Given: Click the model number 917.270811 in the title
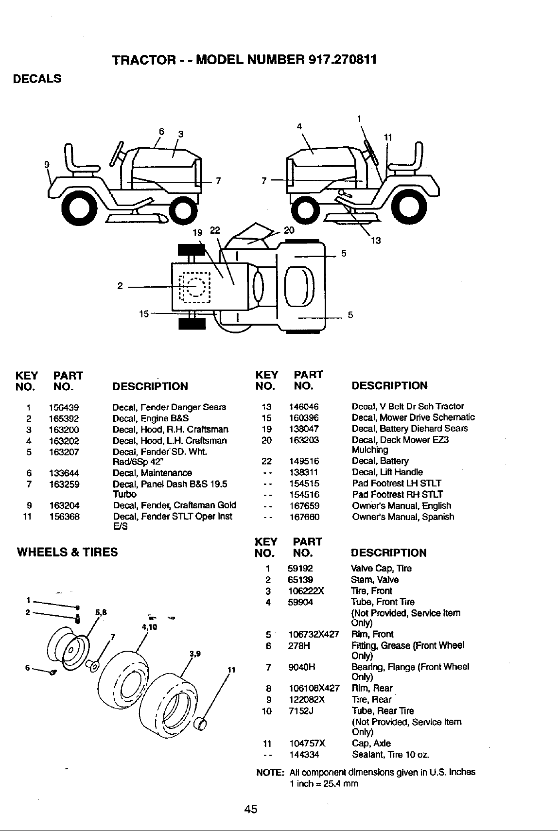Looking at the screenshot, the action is click(343, 59).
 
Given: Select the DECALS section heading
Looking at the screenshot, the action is click(37, 79).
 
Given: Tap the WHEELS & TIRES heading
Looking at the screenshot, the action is click(67, 552).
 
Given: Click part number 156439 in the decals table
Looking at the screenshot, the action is click(64, 407).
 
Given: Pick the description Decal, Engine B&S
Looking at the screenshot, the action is click(151, 418).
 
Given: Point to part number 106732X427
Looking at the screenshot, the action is click(314, 634).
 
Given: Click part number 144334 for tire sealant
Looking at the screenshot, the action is click(304, 755).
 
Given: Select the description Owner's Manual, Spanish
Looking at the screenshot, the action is click(403, 517).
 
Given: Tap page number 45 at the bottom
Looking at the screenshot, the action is click(251, 809).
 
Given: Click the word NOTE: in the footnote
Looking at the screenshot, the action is click(270, 772).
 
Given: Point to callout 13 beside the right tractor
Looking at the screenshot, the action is click(376, 241).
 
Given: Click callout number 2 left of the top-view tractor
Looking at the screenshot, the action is click(120, 286).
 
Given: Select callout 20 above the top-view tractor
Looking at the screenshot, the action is click(289, 230).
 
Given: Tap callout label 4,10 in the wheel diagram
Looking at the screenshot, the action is click(150, 627).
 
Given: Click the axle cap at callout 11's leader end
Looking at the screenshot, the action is click(201, 724).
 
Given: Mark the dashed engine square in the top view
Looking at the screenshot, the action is click(194, 288).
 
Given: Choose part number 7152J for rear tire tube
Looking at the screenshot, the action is click(301, 711).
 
